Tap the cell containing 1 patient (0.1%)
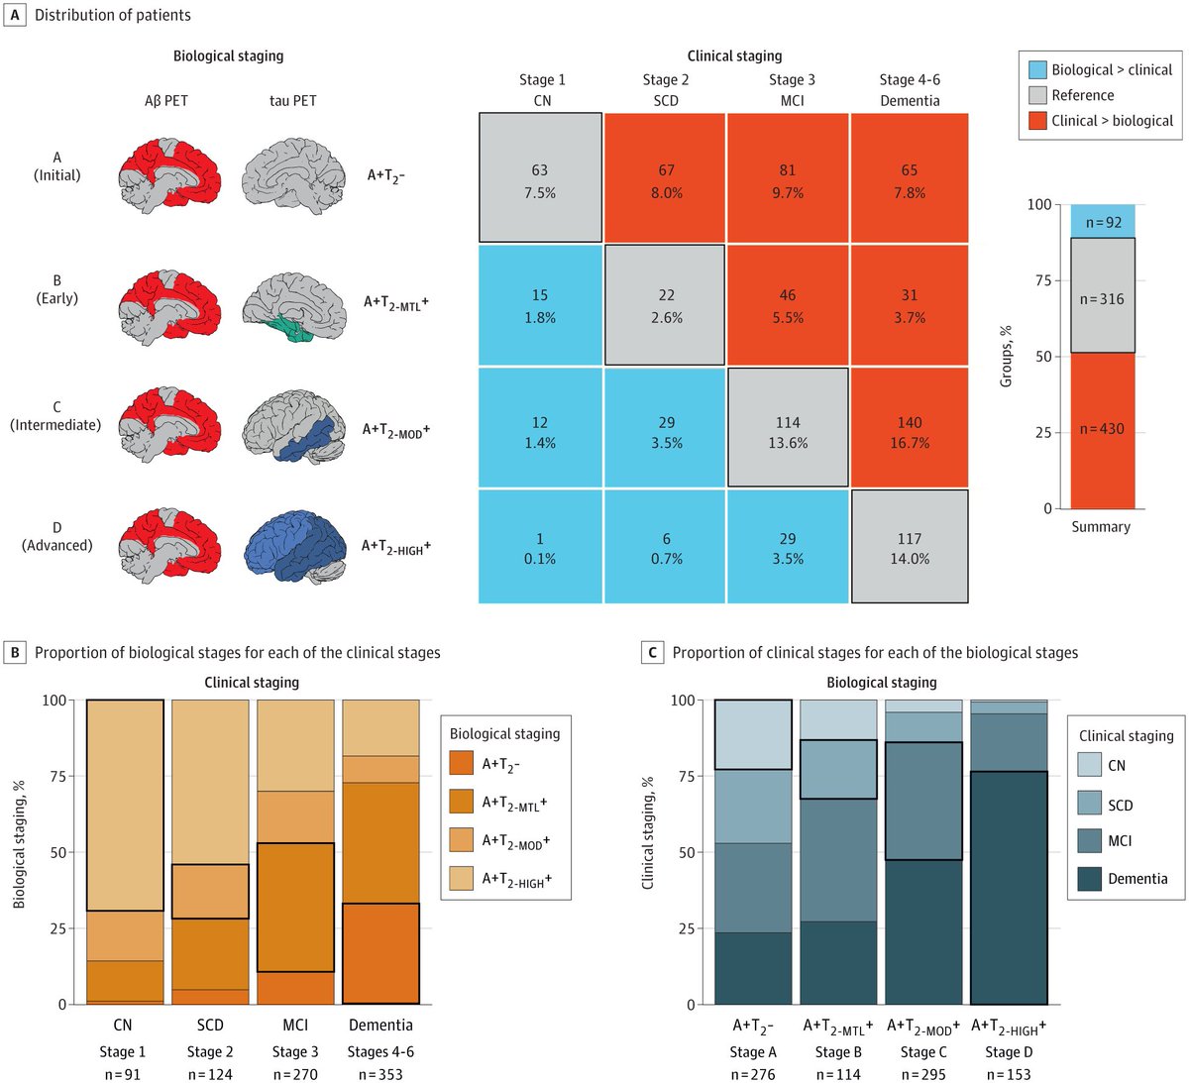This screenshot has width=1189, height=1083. click(x=540, y=547)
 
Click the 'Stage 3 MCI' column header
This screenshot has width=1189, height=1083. click(x=792, y=90)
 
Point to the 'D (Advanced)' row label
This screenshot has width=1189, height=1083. click(x=57, y=535)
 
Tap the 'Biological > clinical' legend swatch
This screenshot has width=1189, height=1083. click(x=1037, y=70)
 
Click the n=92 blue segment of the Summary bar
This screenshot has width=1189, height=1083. click(x=1103, y=222)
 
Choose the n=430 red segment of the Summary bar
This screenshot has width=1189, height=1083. click(x=1103, y=428)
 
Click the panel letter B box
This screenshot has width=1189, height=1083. click(x=16, y=652)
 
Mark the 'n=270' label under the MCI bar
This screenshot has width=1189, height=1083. click(x=295, y=1074)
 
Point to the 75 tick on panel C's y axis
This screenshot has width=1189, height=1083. click(x=692, y=776)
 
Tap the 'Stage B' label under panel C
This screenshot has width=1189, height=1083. click(x=837, y=1051)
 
